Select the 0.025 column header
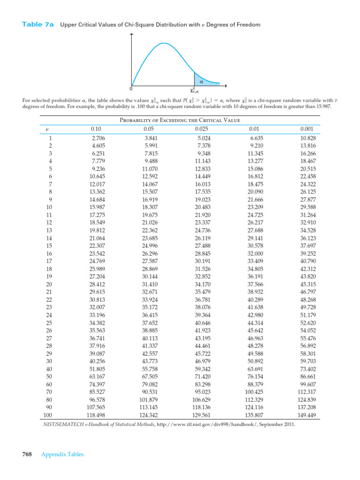[202, 129]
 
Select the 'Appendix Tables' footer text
[62, 454]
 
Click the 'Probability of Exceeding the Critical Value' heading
[180, 120]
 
